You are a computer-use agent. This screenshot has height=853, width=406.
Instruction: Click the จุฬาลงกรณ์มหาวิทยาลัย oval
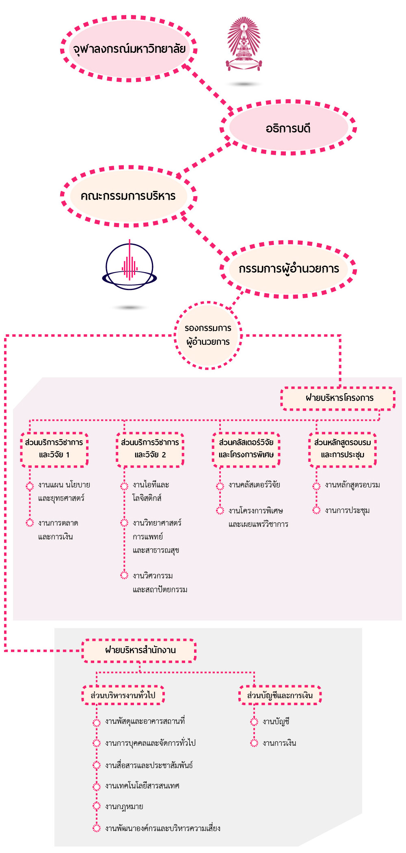coord(129,49)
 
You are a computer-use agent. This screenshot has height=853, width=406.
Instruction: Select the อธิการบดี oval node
coord(288,128)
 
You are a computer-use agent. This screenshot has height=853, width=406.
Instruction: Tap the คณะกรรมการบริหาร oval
coord(128,196)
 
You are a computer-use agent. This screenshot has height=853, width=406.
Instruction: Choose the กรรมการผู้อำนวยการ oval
coord(288,269)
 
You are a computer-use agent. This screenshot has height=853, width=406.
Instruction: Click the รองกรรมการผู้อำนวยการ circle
coord(208,335)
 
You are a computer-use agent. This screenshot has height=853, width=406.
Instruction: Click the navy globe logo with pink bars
coord(130,266)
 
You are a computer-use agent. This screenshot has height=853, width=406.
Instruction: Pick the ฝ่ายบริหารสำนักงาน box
coord(139,650)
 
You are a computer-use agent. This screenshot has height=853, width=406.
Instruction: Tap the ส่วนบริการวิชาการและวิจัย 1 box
coord(54,449)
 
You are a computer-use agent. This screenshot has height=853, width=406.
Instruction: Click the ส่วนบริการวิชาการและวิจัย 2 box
coord(150,449)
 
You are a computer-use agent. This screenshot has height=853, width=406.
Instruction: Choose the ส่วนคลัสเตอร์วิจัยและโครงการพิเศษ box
coord(246,449)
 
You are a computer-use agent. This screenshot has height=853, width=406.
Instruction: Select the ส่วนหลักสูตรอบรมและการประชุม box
coord(342,449)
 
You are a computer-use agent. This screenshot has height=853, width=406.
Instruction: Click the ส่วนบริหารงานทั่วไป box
coord(123,695)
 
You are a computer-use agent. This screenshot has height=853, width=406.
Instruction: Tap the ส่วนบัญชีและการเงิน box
coord(280,695)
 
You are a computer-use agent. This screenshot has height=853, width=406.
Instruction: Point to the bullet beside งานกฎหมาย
coord(97,806)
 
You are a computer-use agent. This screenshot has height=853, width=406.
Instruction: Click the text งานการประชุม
coord(347,511)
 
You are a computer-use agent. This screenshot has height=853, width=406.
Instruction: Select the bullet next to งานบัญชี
coord(254,721)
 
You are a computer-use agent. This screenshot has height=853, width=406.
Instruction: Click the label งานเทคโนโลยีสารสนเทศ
coord(142,786)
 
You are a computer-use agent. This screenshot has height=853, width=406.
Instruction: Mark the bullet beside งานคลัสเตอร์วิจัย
coord(220,485)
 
